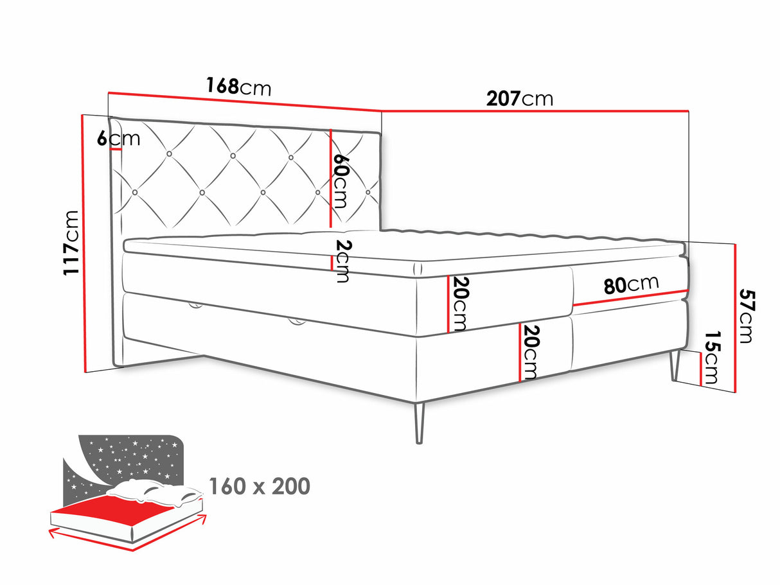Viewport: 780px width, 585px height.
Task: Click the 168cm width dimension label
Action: (238, 86)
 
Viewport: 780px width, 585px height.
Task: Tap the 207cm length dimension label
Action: (519, 98)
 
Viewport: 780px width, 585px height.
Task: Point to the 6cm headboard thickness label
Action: (118, 137)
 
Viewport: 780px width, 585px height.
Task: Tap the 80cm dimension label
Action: (631, 284)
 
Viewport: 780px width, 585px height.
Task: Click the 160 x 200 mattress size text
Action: (259, 486)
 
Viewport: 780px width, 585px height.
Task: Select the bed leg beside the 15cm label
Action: (675, 365)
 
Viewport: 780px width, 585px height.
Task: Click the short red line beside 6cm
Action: (116, 149)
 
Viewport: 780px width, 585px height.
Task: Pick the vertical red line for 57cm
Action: (734, 318)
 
